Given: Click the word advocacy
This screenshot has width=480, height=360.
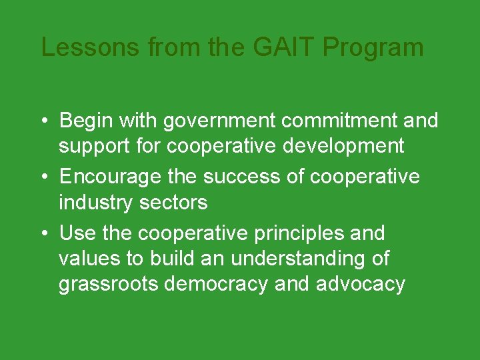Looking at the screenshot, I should pyautogui.click(x=361, y=284).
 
